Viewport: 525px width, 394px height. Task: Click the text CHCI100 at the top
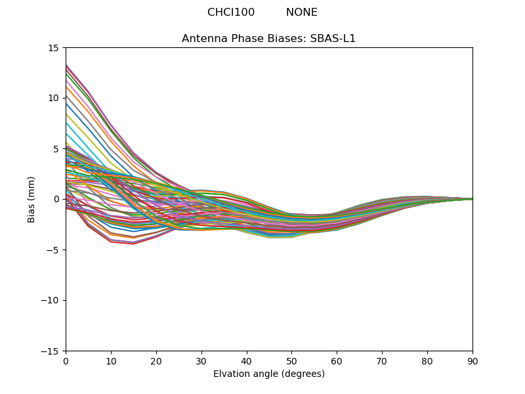coord(231,12)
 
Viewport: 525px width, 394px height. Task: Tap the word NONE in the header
coord(302,12)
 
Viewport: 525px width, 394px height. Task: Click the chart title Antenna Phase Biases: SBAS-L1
coord(268,39)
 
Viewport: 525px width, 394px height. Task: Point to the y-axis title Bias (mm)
coord(31,200)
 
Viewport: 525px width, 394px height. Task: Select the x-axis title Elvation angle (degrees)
coord(269,374)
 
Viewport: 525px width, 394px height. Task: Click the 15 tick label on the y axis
coord(53,48)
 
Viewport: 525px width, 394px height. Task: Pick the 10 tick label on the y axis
coord(53,98)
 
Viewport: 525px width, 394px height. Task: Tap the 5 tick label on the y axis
coord(56,149)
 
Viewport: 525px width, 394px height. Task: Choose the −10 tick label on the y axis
coord(49,301)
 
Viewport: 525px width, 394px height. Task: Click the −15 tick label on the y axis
coord(49,351)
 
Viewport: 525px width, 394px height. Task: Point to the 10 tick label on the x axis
coord(111,362)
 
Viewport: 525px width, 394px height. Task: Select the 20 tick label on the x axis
coord(156,362)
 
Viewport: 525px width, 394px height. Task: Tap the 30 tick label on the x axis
coord(201,362)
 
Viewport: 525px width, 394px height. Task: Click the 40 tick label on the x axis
coord(247,362)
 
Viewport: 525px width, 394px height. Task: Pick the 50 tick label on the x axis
coord(292,362)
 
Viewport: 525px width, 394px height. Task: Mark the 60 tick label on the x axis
coord(337,362)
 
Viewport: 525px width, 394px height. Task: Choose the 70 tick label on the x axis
coord(383,362)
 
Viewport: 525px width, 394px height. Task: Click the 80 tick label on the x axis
coord(428,362)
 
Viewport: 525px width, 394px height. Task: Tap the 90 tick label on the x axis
coord(472,362)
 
